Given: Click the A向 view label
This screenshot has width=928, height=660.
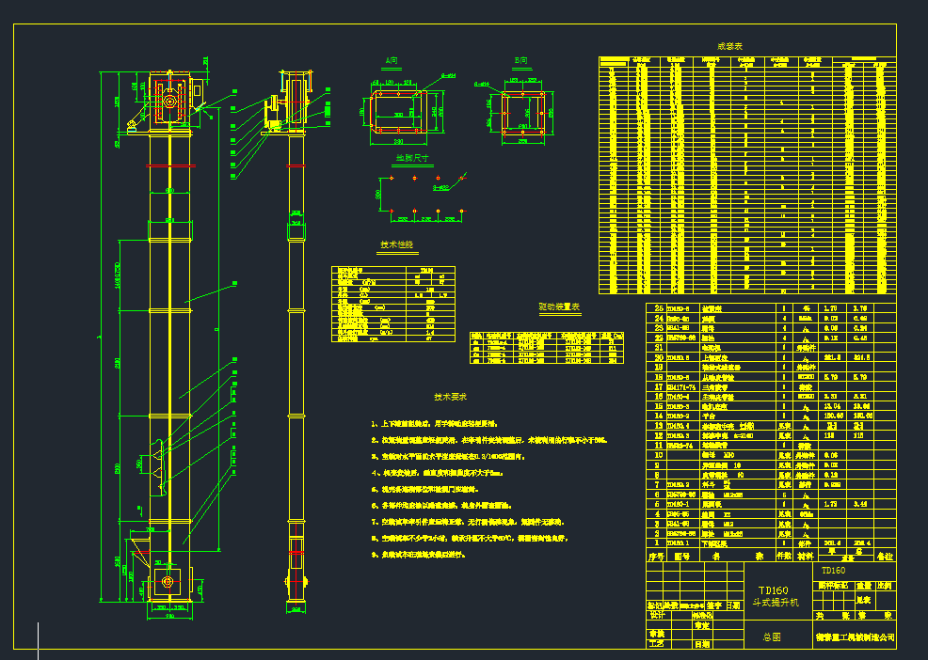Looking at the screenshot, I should pyautogui.click(x=391, y=60).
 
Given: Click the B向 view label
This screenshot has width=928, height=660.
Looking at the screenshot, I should pyautogui.click(x=520, y=60).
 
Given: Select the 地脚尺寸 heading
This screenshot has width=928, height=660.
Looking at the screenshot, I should pyautogui.click(x=411, y=158).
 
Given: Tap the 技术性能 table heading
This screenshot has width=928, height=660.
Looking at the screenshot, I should pyautogui.click(x=396, y=244).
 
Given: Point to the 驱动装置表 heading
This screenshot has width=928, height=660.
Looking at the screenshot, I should pyautogui.click(x=559, y=306).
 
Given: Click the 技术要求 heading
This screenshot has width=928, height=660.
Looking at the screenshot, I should pyautogui.click(x=451, y=397).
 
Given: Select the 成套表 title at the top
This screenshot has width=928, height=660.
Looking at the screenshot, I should pyautogui.click(x=730, y=45).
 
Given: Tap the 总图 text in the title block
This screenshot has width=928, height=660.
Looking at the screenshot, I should pyautogui.click(x=771, y=636).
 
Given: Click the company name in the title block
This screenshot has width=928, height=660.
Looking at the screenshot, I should pyautogui.click(x=855, y=636).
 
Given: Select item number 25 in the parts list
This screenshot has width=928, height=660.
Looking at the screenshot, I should pyautogui.click(x=658, y=308).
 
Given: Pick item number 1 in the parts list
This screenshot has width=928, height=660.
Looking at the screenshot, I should pyautogui.click(x=658, y=542).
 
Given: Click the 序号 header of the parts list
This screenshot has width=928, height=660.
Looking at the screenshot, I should pyautogui.click(x=658, y=556).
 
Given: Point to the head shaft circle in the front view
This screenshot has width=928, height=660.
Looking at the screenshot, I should pyautogui.click(x=169, y=99).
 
